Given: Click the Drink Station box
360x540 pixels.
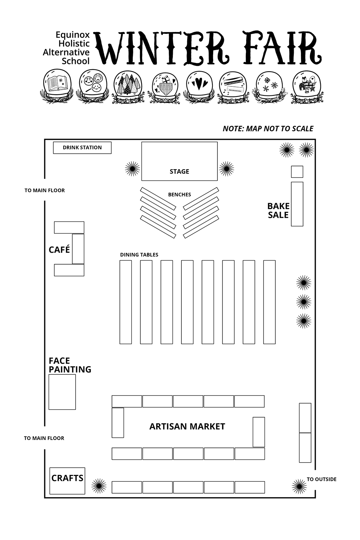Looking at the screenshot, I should tap(82, 148).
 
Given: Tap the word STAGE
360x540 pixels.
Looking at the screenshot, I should tap(179, 172).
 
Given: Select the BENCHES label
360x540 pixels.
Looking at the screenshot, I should tap(179, 195).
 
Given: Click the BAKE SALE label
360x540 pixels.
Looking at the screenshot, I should tap(278, 211).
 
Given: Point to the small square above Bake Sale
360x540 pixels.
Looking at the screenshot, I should tap(297, 172).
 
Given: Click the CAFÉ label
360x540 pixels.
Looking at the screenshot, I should tap(59, 249).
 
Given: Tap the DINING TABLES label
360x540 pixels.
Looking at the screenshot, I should tap(139, 255).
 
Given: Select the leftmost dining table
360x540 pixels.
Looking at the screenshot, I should tap(126, 302).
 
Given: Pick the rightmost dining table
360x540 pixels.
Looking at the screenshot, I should tap(269, 302).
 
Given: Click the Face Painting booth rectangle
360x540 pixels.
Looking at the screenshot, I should tap(62, 392).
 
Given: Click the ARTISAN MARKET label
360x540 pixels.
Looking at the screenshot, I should tap(187, 427).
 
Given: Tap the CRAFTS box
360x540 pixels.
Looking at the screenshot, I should tap(67, 481).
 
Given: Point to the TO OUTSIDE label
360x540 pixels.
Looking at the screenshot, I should tap(321, 479).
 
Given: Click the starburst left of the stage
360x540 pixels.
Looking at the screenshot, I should tap(132, 168).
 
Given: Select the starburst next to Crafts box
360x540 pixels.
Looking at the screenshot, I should tap(99, 486).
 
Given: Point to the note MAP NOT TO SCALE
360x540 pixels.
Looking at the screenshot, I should tap(268, 129).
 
